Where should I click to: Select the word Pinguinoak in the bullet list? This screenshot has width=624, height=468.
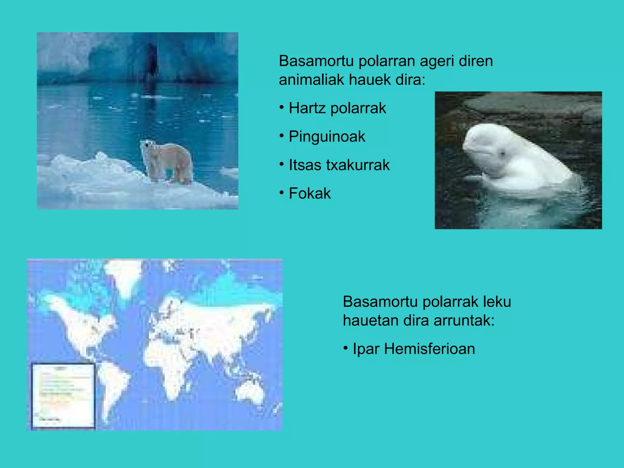point(327,136)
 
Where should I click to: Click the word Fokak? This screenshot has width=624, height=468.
point(310,193)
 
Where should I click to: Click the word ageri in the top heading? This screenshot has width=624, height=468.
point(437,61)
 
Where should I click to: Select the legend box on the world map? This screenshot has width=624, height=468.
point(63,396)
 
